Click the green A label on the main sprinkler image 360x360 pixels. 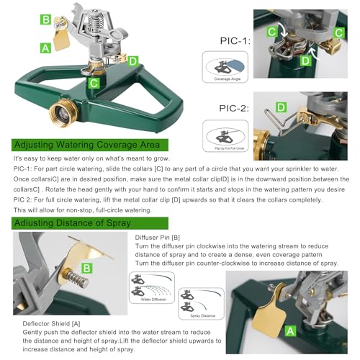[46, 48]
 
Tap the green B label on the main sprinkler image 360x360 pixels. [46, 20]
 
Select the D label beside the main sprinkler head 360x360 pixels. [133, 60]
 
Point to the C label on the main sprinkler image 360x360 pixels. [94, 83]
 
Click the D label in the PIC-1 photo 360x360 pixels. [305, 61]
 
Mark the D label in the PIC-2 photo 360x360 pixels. [281, 108]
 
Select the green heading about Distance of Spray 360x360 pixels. [72, 222]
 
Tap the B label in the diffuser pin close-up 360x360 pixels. [86, 269]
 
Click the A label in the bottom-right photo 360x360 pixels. [290, 330]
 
